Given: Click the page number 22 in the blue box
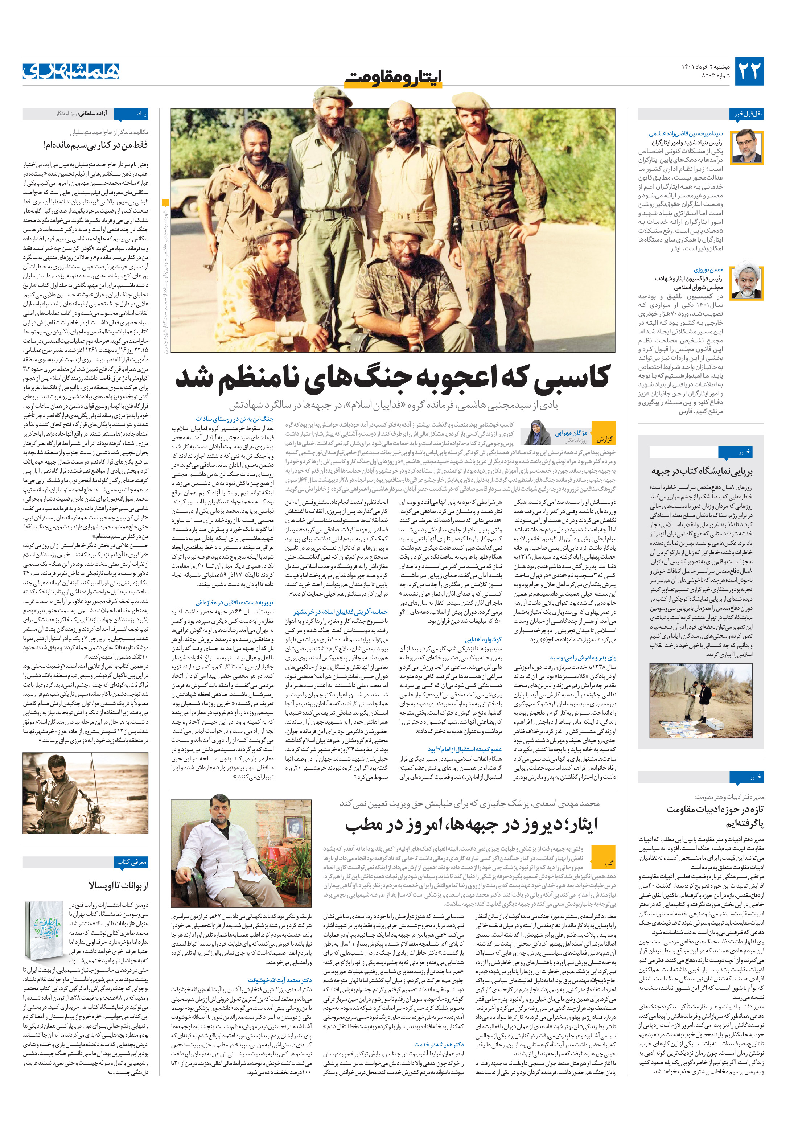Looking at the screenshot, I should [x=748, y=71].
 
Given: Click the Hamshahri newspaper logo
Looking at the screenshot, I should [x=71, y=71].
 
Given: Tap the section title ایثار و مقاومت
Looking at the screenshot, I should [x=393, y=77].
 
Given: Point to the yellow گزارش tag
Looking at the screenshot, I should [x=604, y=439].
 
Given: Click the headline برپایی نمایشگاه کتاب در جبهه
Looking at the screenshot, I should [x=702, y=472].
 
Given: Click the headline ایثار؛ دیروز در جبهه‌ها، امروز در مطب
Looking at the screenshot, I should [x=472, y=825].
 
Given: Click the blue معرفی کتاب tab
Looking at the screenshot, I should [x=132, y=862].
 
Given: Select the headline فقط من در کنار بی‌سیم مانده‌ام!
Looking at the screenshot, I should [x=95, y=145].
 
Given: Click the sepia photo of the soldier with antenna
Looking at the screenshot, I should [x=85, y=793].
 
